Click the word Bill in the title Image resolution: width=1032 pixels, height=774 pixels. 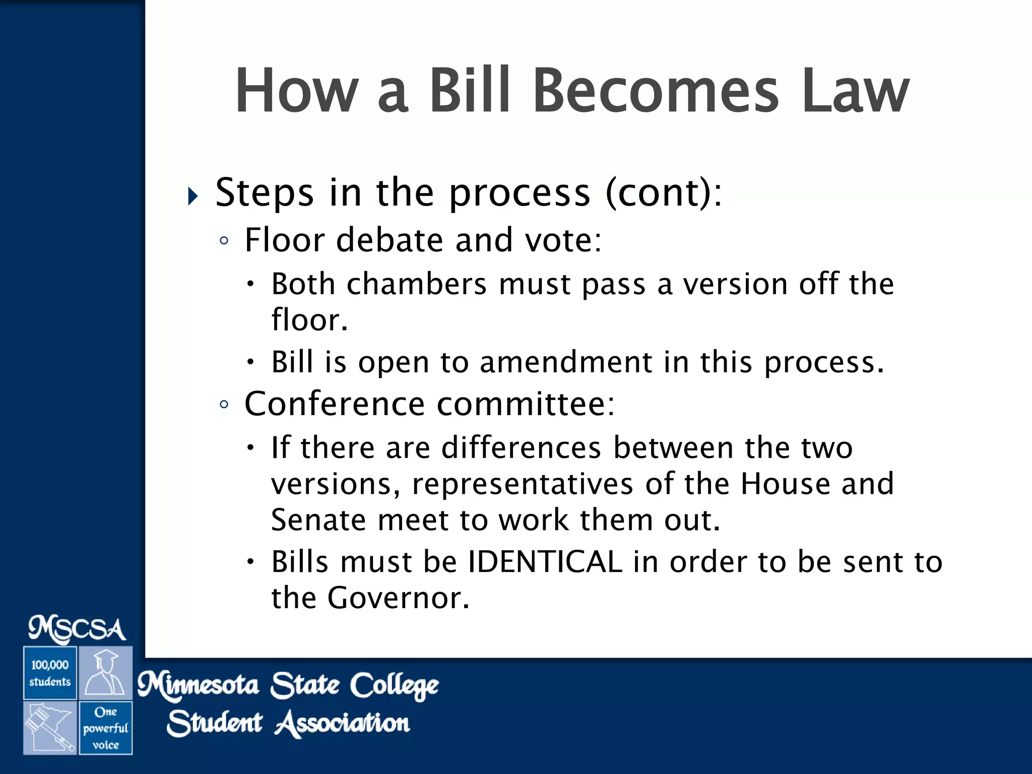click(469, 91)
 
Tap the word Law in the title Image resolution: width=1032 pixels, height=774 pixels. click(855, 91)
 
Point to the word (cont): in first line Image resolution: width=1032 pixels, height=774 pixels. click(664, 192)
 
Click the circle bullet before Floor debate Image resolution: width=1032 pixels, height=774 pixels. click(224, 241)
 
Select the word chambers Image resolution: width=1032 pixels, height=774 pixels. click(416, 284)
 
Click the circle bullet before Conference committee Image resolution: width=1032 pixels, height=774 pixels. click(224, 405)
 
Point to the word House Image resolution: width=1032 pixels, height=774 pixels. click(785, 484)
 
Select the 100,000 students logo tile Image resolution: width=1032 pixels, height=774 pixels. click(50, 673)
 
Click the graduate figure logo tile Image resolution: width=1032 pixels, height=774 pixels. click(105, 673)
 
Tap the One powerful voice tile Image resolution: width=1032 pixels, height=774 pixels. click(105, 728)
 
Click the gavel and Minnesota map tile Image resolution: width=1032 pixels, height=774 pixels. click(50, 728)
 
